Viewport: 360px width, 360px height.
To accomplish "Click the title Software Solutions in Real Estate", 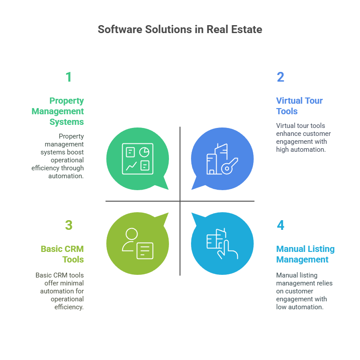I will point(180,30).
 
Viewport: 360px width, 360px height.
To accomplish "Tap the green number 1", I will point(68,77).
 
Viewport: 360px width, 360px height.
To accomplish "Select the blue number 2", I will point(281,77).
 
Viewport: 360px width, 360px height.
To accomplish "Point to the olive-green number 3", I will point(68,225).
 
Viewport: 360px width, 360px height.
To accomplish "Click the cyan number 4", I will point(281,225).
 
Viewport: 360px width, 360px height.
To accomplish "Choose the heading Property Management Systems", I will point(58,111).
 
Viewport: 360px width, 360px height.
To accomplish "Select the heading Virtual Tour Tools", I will point(299,106).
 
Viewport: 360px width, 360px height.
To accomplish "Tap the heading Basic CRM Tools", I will point(62,254).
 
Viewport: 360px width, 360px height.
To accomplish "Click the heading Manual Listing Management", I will point(305,254).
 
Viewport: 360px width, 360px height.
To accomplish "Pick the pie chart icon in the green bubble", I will point(144,152).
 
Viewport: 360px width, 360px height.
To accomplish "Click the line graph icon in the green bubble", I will point(131,166).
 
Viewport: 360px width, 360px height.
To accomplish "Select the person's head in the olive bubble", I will point(131,234).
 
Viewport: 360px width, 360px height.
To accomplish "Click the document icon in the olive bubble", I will point(145,250).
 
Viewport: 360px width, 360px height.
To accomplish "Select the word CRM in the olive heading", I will point(73,249).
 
